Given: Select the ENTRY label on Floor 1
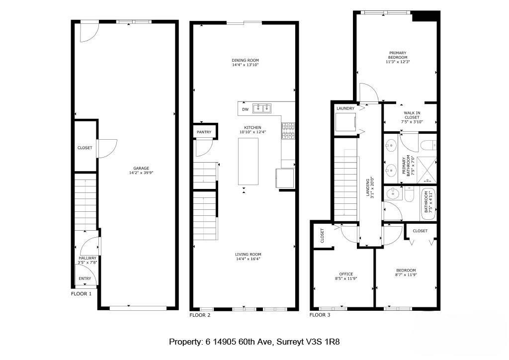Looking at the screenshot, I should (x=85, y=278).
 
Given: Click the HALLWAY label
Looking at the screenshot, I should (x=87, y=258).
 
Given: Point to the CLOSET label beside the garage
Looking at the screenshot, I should (x=85, y=148).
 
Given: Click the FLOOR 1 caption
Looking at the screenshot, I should (x=82, y=294).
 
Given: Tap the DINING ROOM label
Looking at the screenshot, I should (x=245, y=60).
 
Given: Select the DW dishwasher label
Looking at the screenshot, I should (x=245, y=109).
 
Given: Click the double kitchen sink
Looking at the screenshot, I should (x=261, y=108).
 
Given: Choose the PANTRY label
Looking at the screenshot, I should (x=204, y=132).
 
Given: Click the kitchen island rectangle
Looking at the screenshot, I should (x=248, y=161).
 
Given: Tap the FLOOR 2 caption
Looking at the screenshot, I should (x=200, y=315).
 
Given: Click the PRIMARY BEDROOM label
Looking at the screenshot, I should (x=398, y=55).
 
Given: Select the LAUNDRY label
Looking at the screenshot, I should (x=345, y=108).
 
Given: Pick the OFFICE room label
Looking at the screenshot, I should (x=346, y=274).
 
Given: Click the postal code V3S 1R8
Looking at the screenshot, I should (x=323, y=342).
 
